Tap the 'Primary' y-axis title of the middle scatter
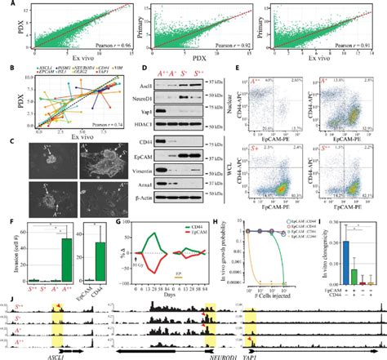point(138,33)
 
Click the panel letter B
point(6,78)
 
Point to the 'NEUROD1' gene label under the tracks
point(197,356)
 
